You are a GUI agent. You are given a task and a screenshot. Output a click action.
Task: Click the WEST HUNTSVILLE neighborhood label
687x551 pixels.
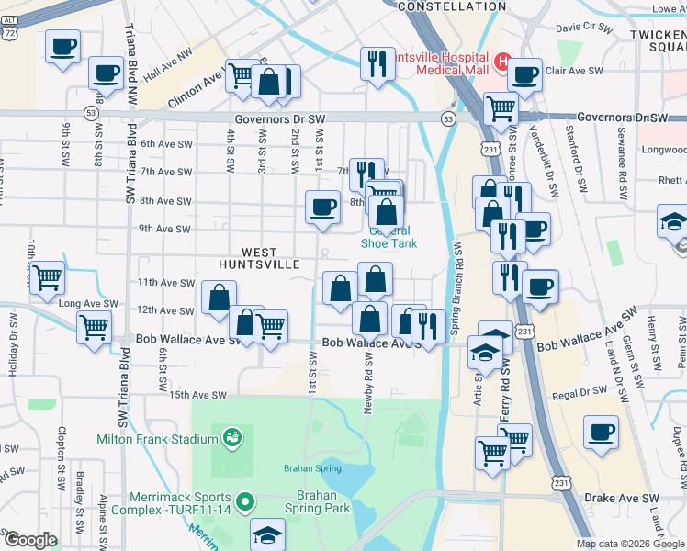coord(259,257)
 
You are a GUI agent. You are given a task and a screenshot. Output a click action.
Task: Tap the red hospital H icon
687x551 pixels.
coord(502,62)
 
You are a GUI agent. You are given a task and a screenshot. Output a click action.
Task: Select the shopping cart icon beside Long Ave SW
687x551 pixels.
coord(48,276)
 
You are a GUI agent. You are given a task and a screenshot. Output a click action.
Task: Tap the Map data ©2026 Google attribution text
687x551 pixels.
coord(629,544)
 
